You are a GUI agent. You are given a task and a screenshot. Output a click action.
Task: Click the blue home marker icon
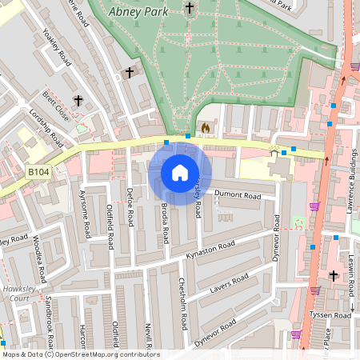tap(180, 172)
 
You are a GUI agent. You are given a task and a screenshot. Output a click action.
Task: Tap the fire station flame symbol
tap(205, 127)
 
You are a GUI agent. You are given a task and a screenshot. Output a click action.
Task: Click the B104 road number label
tap(38, 171)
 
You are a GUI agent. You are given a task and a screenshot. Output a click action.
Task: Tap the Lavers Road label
tap(230, 284)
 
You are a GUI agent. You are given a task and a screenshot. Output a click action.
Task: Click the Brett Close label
tap(56, 104)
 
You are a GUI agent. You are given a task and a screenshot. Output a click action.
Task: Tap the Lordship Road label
tap(46, 129)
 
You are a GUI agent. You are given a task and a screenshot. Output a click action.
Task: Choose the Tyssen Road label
tap(331, 315)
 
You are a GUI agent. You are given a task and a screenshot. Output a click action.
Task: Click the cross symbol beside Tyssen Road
tap(334, 276)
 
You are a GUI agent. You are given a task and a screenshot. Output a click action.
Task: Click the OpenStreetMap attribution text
tap(81, 354)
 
